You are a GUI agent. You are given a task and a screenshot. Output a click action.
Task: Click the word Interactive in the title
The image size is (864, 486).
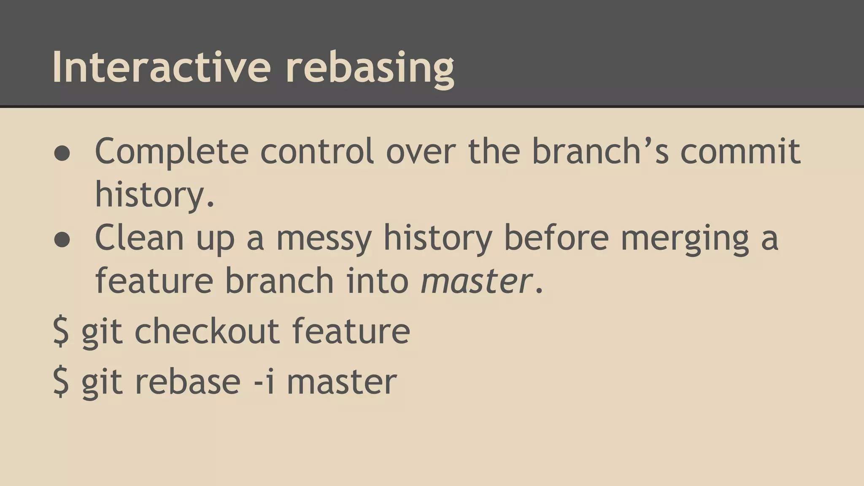coord(161,67)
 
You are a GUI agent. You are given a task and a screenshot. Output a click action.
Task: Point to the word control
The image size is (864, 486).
coord(317,151)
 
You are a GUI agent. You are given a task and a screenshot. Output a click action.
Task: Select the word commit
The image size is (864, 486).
coord(740,151)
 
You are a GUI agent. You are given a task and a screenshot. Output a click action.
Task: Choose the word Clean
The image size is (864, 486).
coord(140,237)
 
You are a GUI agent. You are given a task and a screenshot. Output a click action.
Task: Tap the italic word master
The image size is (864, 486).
coord(476,281)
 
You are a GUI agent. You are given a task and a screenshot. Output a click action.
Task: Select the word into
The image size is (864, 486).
coord(377,280)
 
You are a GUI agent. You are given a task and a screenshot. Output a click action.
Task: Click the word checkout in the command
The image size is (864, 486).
coord(207,331)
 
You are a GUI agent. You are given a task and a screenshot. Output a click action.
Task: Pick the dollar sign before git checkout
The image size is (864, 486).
coord(61,332)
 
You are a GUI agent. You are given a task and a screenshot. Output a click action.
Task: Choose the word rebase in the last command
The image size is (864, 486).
coord(187,381)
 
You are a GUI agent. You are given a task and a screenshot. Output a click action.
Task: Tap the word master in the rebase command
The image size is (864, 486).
coord(341,381)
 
